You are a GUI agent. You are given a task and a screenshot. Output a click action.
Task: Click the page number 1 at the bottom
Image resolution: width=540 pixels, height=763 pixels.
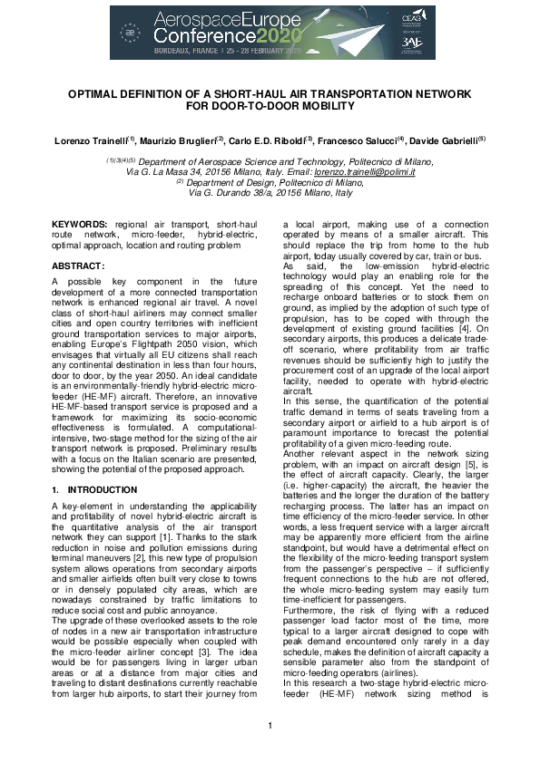point(270,725)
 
